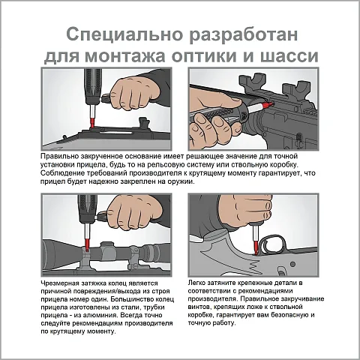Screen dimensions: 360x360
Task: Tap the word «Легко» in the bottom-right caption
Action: point(196,283)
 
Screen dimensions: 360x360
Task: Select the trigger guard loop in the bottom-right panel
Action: point(273,244)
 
